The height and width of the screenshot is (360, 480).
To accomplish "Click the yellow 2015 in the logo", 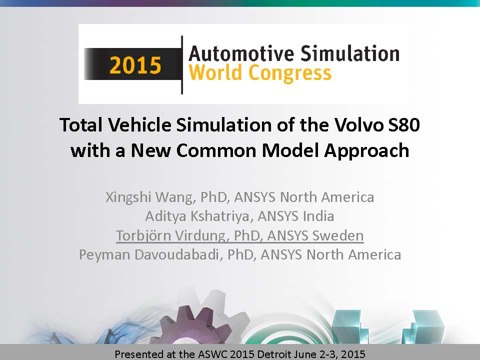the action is pos(135,65).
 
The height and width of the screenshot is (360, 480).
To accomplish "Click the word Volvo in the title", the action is pos(358,125).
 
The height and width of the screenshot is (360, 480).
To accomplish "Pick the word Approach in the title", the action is pos(366,151).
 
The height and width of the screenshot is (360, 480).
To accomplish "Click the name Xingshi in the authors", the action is pos(128,197).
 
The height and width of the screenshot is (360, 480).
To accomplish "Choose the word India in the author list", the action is pos(318,216).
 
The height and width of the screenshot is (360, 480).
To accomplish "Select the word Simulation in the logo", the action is pos(349,53).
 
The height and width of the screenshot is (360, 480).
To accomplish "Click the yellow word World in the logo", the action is pos(216,73).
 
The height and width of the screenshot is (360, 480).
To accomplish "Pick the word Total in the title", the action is pos(81,125).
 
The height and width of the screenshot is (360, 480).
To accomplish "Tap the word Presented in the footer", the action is pos(139,354).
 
